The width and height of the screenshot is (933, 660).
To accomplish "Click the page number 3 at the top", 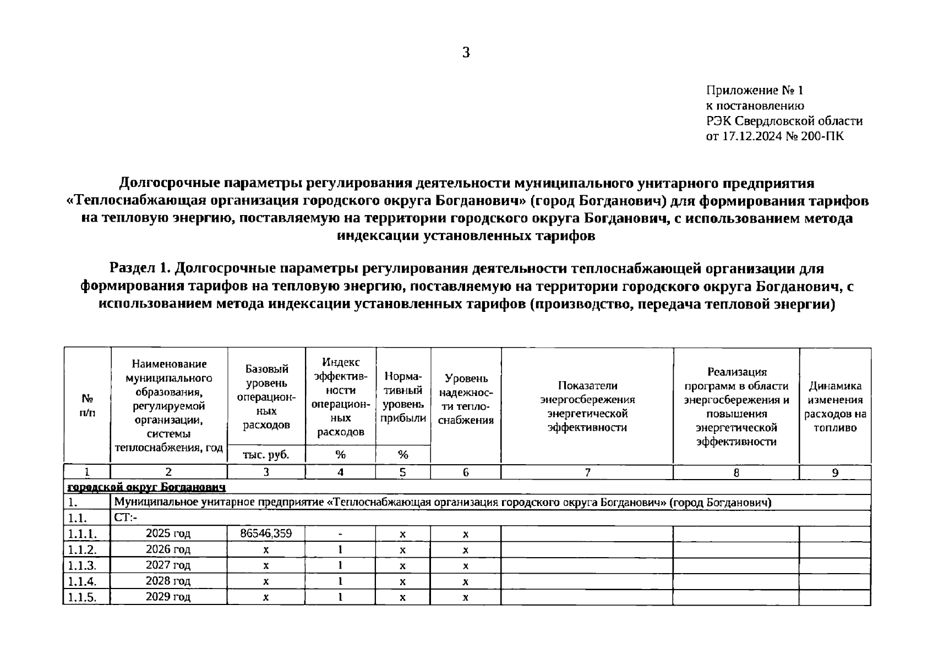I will pos(466,53).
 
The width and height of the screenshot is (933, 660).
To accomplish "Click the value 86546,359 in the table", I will pos(266,533).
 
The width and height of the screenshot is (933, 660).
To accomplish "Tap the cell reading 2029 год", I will pos(168,597).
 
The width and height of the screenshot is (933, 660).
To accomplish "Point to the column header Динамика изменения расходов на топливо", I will pos(835,406).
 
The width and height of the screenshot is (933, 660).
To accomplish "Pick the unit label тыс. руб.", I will pos(266,454).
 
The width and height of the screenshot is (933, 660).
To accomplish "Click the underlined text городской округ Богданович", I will pos(146,487).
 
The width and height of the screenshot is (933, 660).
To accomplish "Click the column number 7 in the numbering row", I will pos(587,472).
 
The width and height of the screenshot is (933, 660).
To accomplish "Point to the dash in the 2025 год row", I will pos(341,533).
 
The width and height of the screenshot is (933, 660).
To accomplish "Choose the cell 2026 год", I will pos(168,549).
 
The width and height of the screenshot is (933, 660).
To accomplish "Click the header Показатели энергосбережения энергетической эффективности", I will pos(587,406).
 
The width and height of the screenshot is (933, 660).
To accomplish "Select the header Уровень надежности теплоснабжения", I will pos(466,399).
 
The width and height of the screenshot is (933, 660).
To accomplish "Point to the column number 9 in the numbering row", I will pos(835,472).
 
